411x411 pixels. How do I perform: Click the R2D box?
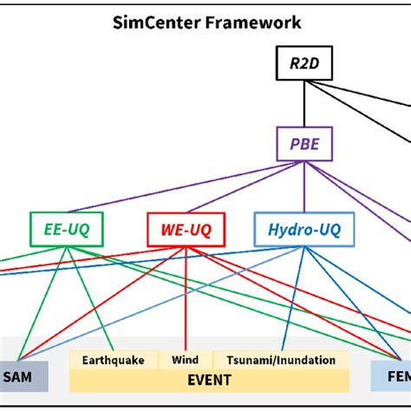point(303,62)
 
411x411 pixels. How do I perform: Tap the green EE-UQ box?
point(66,229)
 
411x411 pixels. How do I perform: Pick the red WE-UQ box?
point(185,229)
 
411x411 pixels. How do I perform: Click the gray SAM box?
point(23,376)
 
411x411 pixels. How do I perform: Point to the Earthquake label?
point(114,360)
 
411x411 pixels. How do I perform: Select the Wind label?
point(185,360)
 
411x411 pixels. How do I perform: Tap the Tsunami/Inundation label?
point(281,360)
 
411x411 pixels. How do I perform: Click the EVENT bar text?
point(209,380)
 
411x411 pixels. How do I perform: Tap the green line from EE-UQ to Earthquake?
point(93,299)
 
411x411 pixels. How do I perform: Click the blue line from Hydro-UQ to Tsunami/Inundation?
point(294,299)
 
